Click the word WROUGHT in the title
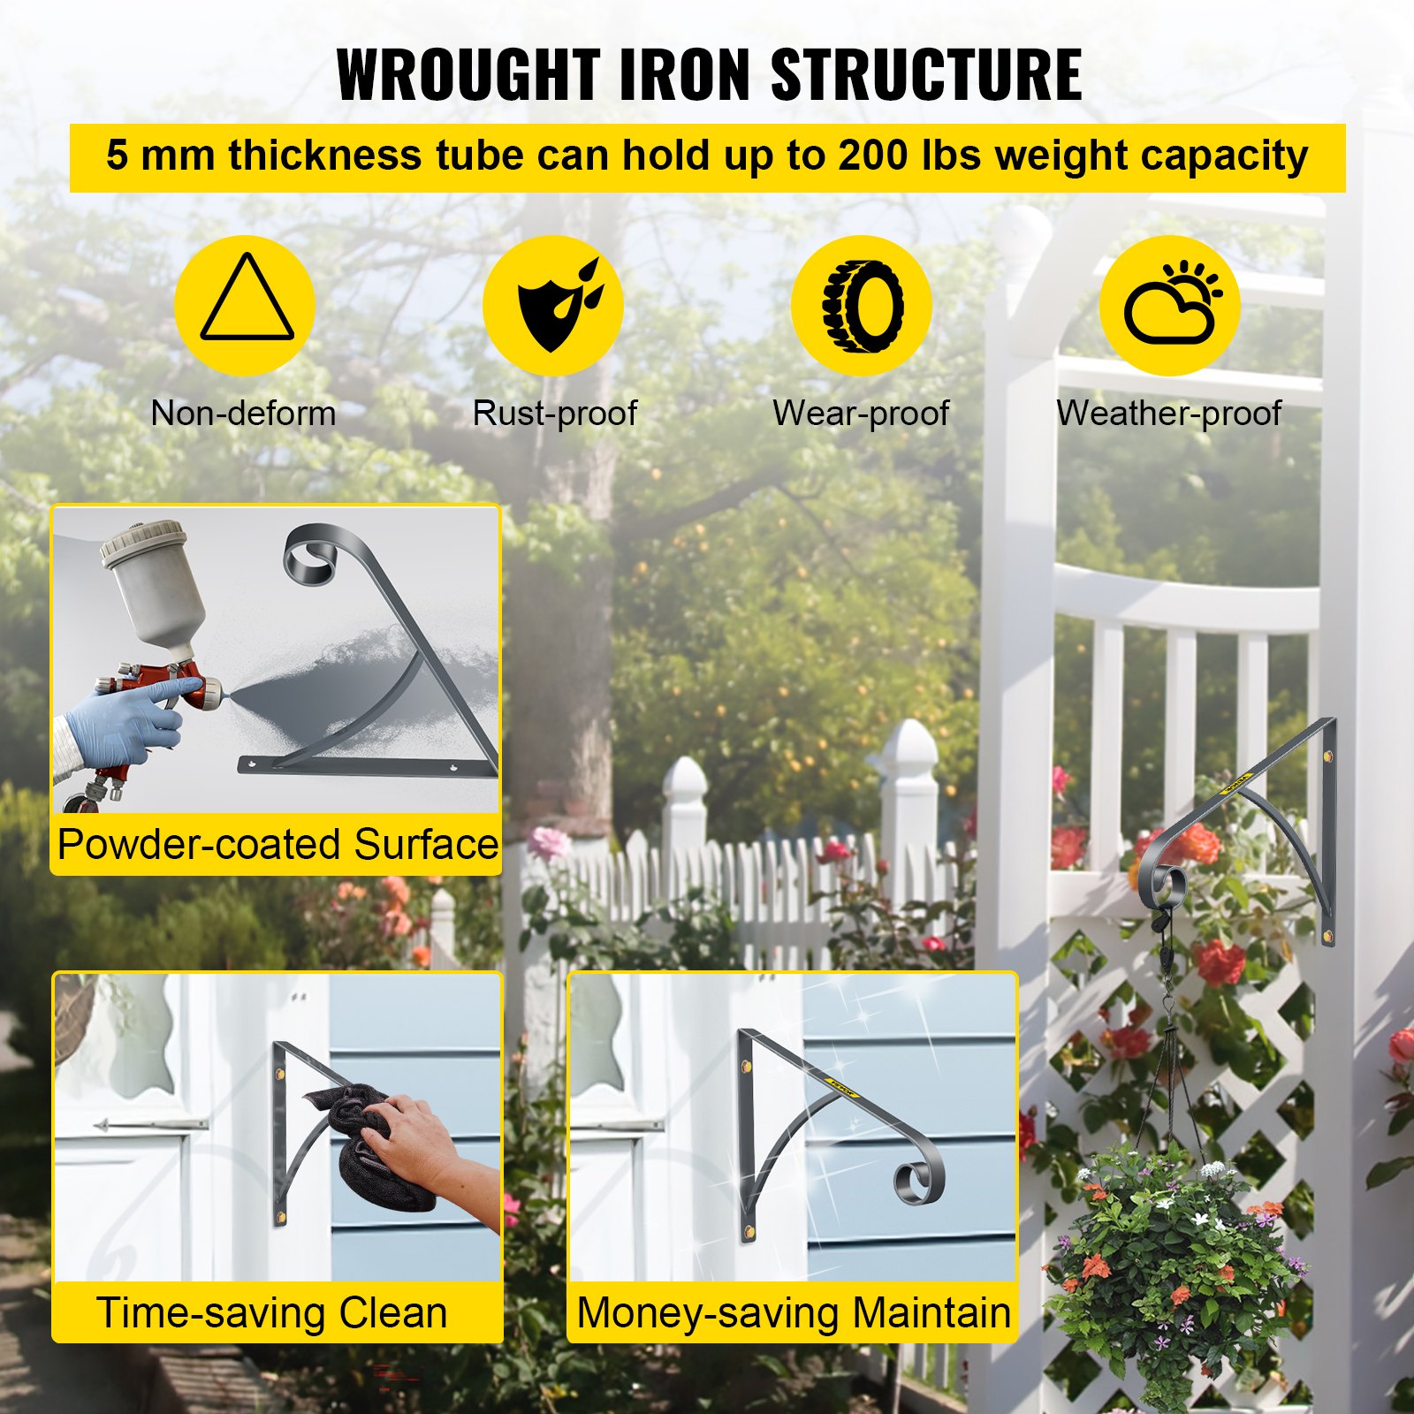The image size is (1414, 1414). click(468, 75)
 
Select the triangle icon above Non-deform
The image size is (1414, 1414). click(247, 301)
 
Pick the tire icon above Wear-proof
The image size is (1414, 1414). click(863, 305)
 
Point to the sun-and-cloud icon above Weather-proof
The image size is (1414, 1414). click(1171, 305)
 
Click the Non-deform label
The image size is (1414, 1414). click(243, 413)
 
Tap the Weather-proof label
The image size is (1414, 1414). click(1168, 413)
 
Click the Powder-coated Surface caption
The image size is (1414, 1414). click(277, 844)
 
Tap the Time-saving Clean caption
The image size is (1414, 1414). click(272, 1312)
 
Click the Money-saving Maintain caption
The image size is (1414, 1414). click(793, 1312)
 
